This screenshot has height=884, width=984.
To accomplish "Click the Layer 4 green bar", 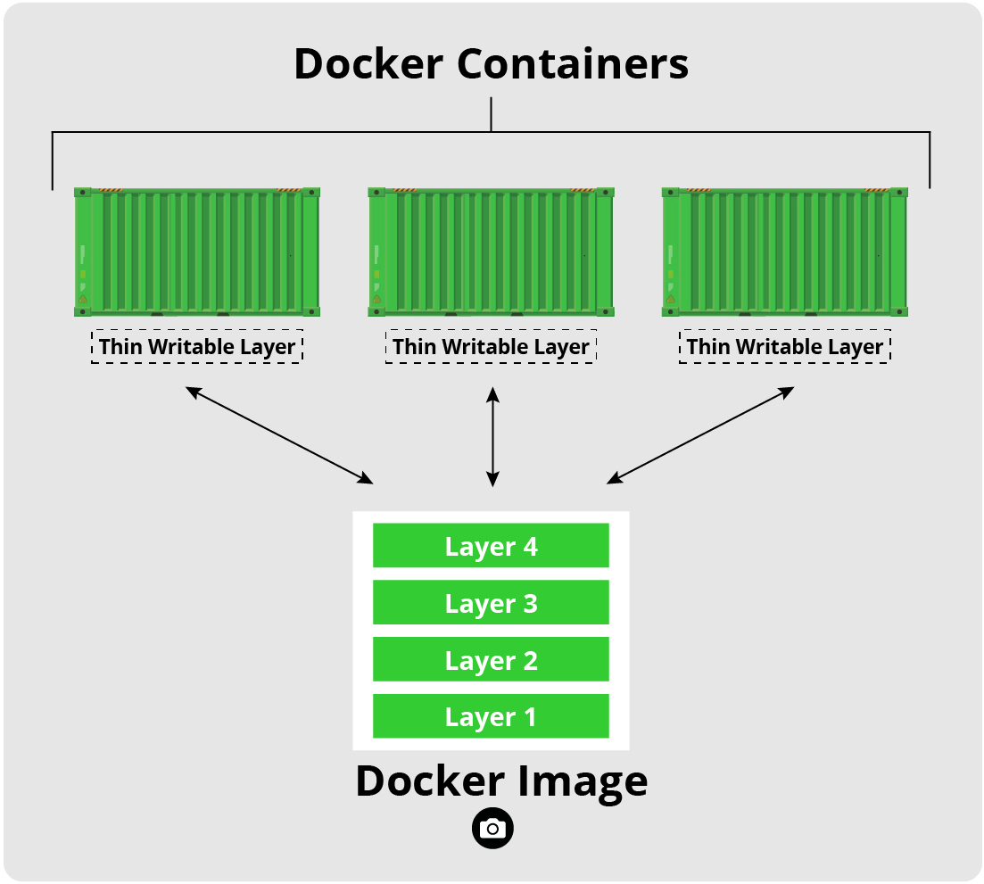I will click(491, 546).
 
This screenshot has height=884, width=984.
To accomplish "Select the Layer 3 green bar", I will click(491, 603).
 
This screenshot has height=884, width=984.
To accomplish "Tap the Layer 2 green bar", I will click(491, 660).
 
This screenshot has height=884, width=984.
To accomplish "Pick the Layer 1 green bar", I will click(491, 716).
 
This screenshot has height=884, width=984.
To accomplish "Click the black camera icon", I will click(492, 829).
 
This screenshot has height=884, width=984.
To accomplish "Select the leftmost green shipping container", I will click(197, 252).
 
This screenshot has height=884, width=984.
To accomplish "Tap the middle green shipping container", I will click(491, 252).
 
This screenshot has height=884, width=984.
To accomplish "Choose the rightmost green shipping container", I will click(785, 252).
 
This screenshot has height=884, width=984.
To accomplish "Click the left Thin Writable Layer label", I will click(197, 346).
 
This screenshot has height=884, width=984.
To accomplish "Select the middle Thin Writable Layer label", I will click(491, 346).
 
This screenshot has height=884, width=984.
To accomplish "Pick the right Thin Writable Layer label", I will click(785, 346).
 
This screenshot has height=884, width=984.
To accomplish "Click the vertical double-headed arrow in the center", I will click(492, 436).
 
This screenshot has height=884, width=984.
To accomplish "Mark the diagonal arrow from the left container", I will click(279, 435).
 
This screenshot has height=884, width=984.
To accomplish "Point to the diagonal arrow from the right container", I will click(700, 435).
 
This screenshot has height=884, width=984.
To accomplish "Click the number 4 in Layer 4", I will click(530, 546).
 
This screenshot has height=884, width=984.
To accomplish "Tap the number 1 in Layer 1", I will click(530, 716).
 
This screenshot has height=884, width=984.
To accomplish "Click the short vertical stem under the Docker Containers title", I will click(492, 114).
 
